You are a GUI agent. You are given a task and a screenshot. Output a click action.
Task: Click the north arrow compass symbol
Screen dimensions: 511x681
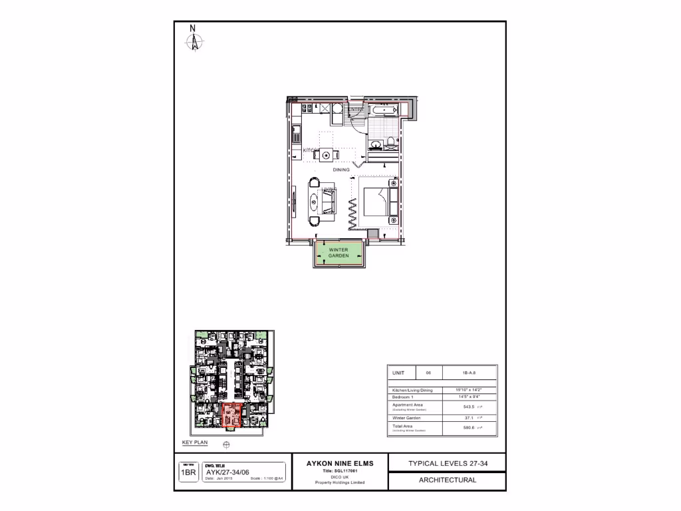coord(194,39)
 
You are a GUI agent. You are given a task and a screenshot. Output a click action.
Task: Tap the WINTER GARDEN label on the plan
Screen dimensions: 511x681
coord(339,253)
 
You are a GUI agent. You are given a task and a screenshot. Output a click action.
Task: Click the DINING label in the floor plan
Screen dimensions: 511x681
coord(341,170)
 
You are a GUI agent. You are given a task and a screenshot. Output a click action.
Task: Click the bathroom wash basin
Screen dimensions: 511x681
coord(376,143)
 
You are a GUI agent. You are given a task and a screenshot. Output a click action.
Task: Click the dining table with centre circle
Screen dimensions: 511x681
coord(326,155)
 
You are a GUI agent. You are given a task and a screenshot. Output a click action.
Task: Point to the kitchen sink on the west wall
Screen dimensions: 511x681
coord(295,139)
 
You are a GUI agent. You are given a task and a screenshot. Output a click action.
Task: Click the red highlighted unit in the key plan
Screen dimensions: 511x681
coord(230,417)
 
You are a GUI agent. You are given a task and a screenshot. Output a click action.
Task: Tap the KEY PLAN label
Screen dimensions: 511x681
coord(195,442)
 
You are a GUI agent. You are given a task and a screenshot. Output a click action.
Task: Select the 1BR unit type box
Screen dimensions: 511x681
coord(188,473)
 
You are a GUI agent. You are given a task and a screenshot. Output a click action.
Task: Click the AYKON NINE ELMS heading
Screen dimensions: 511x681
coord(340,463)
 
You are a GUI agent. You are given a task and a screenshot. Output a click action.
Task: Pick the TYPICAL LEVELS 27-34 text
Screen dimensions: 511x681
coord(448,463)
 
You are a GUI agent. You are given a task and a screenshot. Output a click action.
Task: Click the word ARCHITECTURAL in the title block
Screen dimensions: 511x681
coord(448,480)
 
